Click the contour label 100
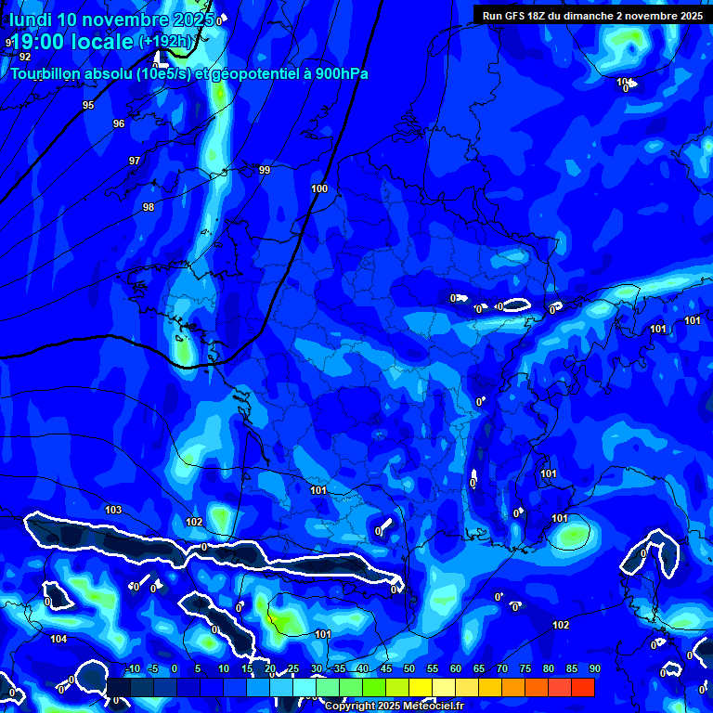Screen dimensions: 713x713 point(319,188)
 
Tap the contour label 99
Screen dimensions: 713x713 point(265,170)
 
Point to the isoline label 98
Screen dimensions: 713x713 point(149,207)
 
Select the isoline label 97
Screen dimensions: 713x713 point(135,161)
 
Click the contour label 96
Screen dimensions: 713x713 point(119,123)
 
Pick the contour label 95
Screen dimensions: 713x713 point(88,105)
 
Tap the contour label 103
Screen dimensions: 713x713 point(113,510)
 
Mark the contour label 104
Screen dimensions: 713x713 point(58,639)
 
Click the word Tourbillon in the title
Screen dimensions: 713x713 point(46,73)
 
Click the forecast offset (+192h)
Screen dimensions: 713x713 point(166,42)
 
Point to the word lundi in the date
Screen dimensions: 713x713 point(30,19)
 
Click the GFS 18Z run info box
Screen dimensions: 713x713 point(592,15)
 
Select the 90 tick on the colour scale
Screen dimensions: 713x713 point(594,668)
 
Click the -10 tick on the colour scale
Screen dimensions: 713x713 point(132,668)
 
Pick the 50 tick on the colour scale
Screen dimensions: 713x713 point(409,668)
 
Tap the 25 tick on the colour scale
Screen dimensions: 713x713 point(292,668)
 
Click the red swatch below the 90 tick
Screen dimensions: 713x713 point(583,687)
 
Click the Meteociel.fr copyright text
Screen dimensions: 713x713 point(394,706)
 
